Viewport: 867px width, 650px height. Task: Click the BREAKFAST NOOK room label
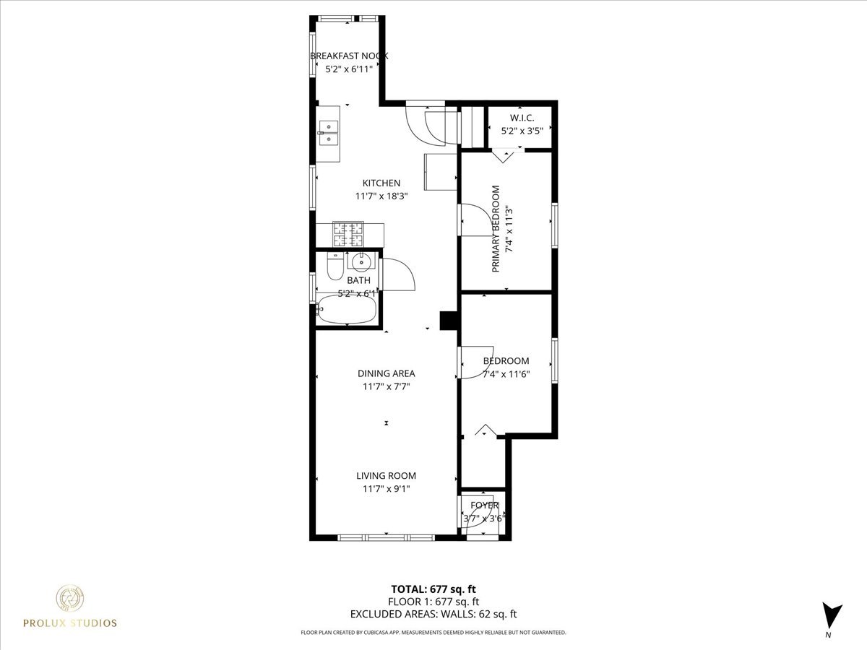[349, 56]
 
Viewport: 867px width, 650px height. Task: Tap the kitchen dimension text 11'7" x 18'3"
[381, 196]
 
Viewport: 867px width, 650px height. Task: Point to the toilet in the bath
[335, 267]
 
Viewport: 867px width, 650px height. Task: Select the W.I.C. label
[521, 118]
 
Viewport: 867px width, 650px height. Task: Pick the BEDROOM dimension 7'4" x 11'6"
[506, 374]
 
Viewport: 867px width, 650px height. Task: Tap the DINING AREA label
[386, 373]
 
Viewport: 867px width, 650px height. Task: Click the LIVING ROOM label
[386, 476]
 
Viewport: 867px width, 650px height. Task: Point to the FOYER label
[484, 506]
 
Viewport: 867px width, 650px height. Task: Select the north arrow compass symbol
[832, 615]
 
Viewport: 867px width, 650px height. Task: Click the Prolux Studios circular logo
[69, 598]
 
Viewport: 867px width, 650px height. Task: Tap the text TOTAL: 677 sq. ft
[433, 589]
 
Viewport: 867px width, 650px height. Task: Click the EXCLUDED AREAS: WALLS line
[433, 614]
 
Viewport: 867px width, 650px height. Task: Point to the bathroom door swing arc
[400, 274]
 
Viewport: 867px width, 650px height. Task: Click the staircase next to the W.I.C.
[471, 126]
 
